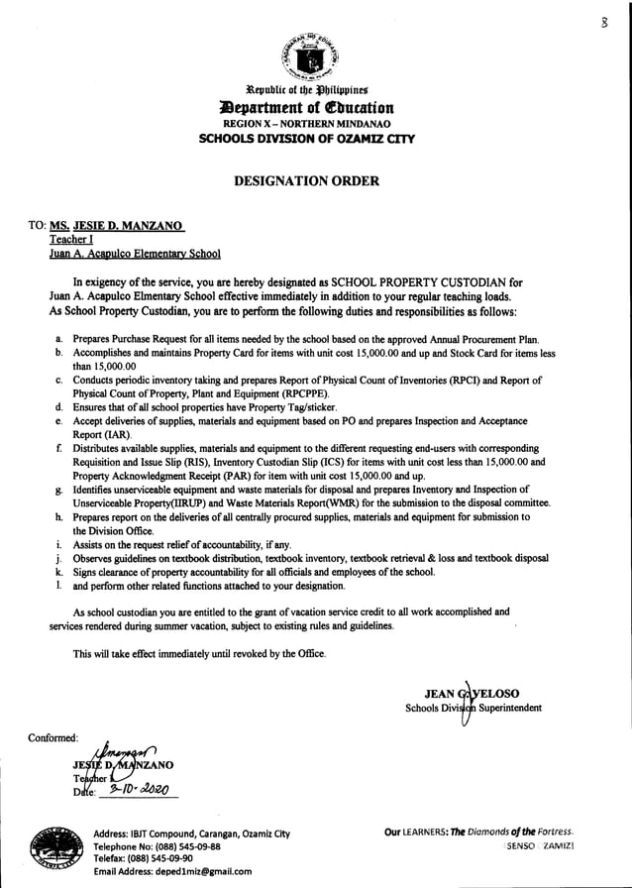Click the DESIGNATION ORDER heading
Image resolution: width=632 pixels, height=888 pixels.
point(316,180)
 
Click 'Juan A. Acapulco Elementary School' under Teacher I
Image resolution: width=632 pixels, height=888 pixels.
point(136,254)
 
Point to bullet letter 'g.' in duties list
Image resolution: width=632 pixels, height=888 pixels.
point(60,491)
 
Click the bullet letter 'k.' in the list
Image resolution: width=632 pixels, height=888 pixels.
point(60,573)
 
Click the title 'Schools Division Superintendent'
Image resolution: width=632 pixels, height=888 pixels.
point(474,709)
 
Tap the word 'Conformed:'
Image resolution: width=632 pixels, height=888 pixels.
point(61,735)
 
